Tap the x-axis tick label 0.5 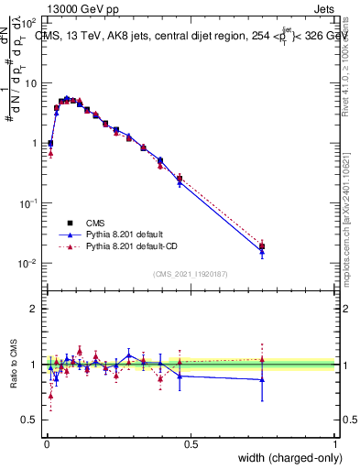click(191, 444)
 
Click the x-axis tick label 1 click(335, 444)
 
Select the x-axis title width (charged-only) click(289, 458)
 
